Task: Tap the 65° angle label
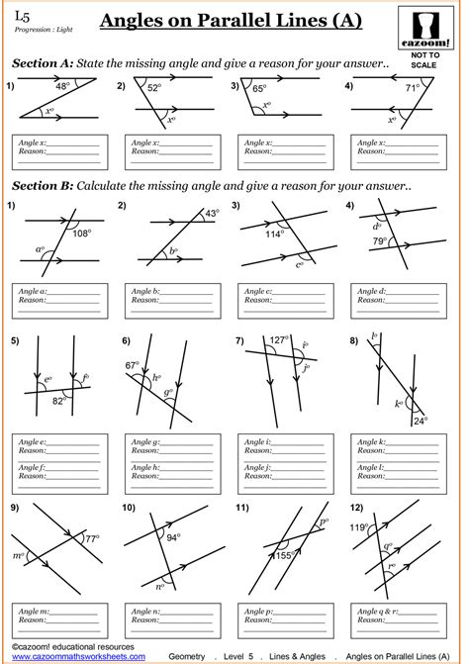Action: pyautogui.click(x=260, y=88)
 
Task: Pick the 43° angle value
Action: pyautogui.click(x=212, y=213)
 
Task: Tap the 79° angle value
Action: pyautogui.click(x=380, y=241)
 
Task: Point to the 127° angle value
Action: pyautogui.click(x=279, y=338)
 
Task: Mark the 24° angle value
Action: pyautogui.click(x=420, y=421)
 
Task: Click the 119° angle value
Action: pyautogui.click(x=358, y=527)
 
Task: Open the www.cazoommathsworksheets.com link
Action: pyautogui.click(x=75, y=655)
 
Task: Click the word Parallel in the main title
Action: pyautogui.click(x=255, y=21)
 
